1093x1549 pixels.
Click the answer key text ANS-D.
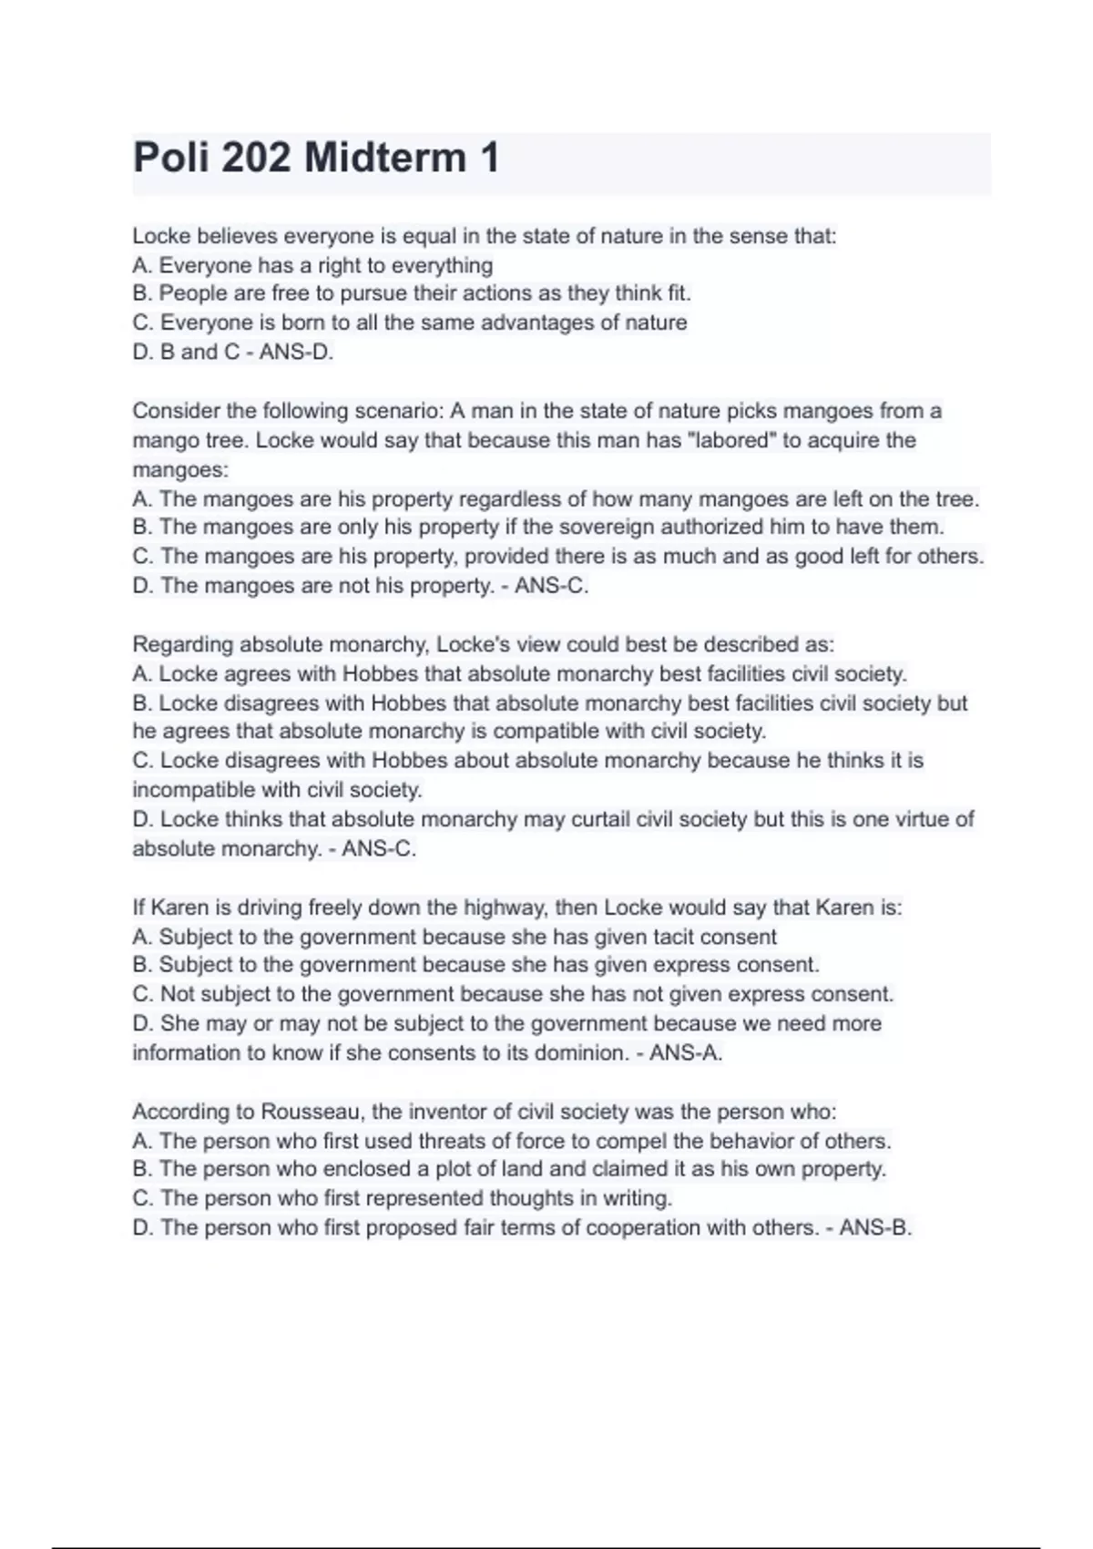[x=296, y=352]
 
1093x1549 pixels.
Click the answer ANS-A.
[x=686, y=1053]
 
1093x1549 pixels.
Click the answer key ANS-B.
[x=875, y=1228]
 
